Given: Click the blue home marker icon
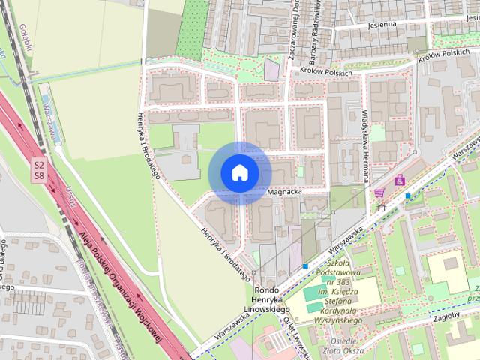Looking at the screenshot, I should coord(240,173).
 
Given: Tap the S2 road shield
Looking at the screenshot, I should coord(38,164).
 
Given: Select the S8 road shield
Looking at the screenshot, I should coord(38,176).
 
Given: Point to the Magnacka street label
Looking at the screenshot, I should coord(285,193).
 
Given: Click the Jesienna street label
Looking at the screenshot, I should coord(381,23).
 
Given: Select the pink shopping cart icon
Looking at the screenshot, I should coord(379,193).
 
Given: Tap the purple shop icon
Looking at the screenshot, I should coord(400,181).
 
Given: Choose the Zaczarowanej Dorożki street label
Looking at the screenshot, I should coord(292,34).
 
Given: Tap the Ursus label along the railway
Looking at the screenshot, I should coord(72,196).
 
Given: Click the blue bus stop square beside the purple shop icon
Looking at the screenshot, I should coord(407,196).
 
